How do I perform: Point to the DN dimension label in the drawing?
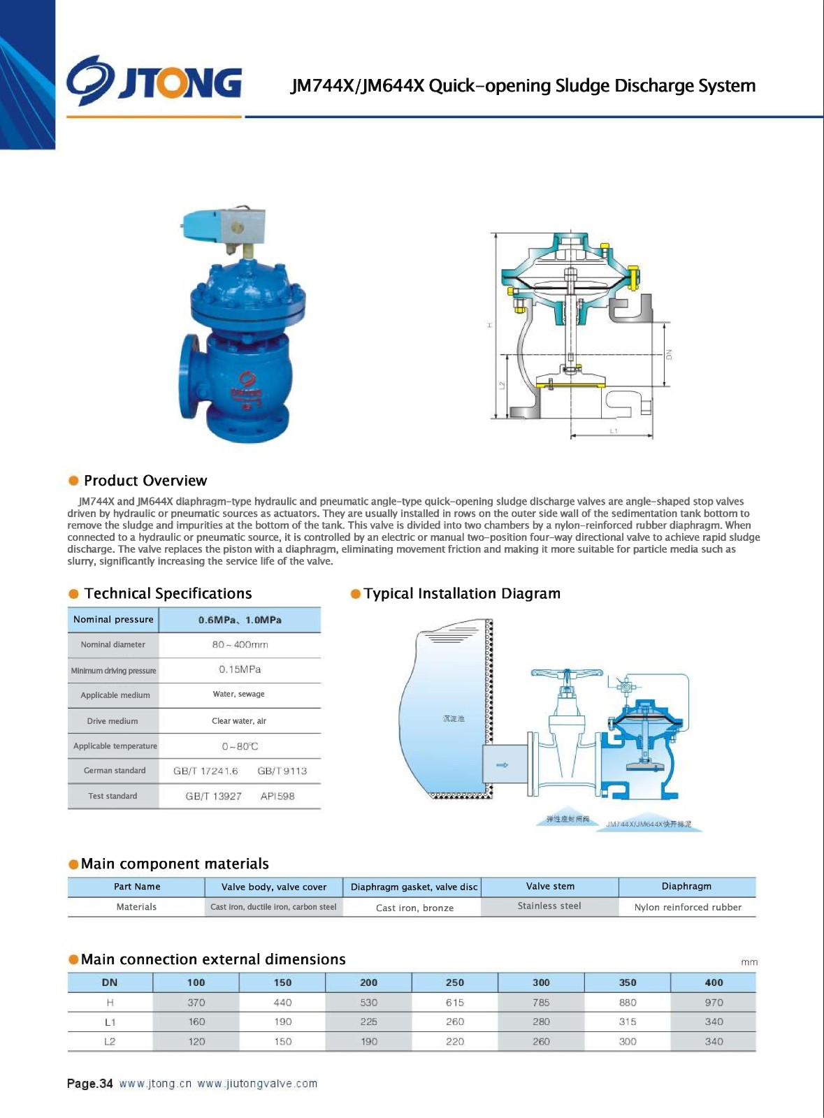[669, 354]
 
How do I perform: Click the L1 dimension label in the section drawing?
[613, 431]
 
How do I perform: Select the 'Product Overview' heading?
[145, 481]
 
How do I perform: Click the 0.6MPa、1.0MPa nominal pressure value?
[240, 620]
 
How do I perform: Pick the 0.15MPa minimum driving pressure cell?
[240, 669]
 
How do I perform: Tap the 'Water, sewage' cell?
[239, 694]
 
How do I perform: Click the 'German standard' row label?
[115, 771]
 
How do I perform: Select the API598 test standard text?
[277, 796]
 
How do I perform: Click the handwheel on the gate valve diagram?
[566, 674]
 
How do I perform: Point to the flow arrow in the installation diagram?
[502, 765]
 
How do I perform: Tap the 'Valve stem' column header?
[550, 886]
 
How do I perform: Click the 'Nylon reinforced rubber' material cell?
[688, 907]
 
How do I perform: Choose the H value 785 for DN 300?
[541, 1002]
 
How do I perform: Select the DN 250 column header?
[455, 982]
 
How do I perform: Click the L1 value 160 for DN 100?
[196, 1022]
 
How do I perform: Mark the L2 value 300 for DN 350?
[628, 1041]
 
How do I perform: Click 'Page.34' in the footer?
[89, 1084]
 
